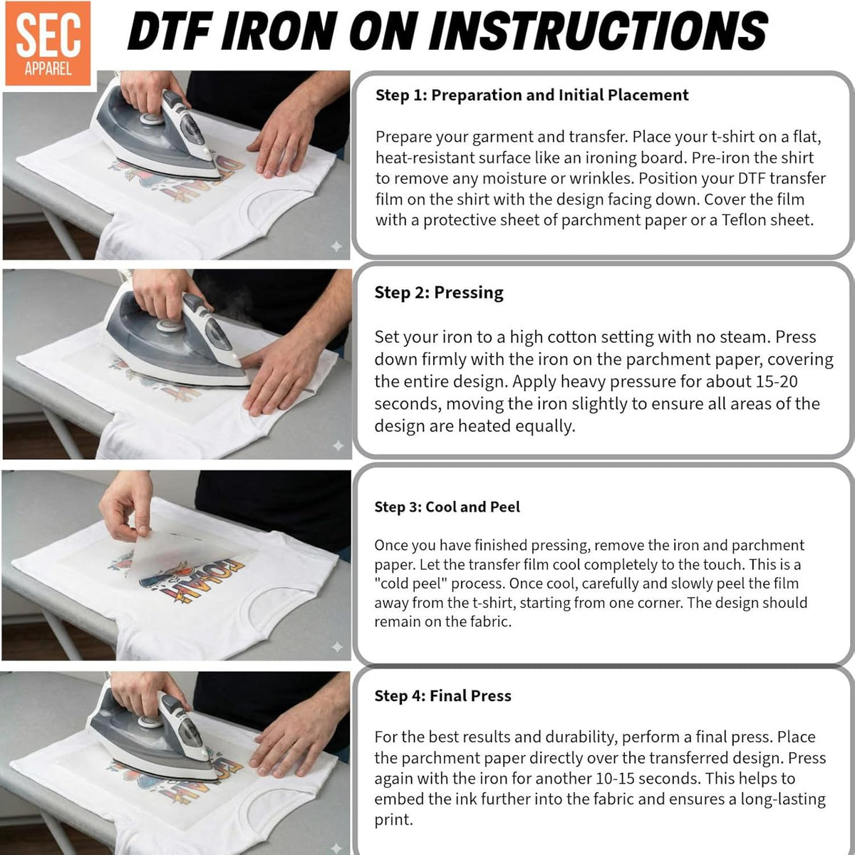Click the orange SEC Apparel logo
click(48, 43)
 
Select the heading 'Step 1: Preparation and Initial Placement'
click(532, 95)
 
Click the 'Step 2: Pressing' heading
click(439, 293)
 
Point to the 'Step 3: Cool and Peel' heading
click(447, 507)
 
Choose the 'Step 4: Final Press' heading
click(442, 695)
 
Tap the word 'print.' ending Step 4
click(393, 820)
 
